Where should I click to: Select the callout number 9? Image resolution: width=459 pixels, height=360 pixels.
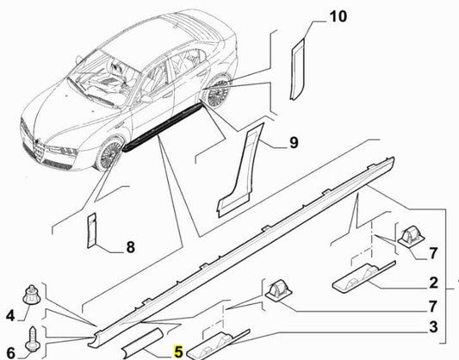click(293, 144)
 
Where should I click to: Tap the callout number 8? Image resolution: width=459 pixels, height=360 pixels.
click(130, 248)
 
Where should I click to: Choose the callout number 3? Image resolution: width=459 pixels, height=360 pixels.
click(433, 327)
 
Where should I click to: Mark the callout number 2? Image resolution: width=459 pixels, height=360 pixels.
click(433, 282)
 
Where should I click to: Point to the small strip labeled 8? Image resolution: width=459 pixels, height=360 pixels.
click(90, 230)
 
